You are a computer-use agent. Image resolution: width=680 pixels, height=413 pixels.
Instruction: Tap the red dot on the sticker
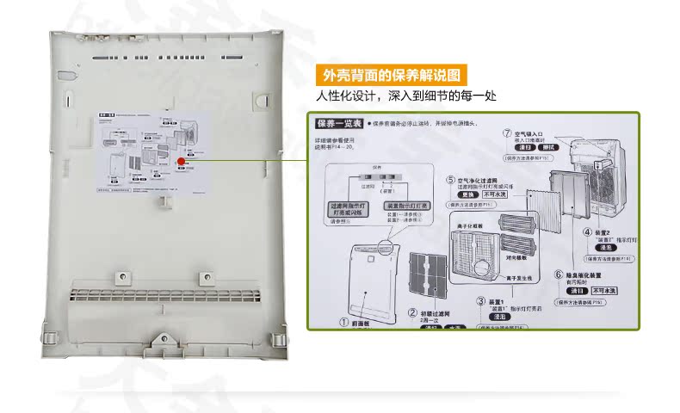coord(182,161)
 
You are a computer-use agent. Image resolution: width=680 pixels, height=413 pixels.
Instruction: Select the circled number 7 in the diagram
coord(507,134)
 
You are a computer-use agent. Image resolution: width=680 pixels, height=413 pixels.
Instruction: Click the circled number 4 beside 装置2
coord(587,232)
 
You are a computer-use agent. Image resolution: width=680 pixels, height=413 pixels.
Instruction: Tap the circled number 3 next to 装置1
coord(480,301)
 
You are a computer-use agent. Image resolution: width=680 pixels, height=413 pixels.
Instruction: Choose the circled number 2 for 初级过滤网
coord(412,313)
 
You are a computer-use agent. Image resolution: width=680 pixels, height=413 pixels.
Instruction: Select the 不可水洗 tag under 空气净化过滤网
coord(495,195)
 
